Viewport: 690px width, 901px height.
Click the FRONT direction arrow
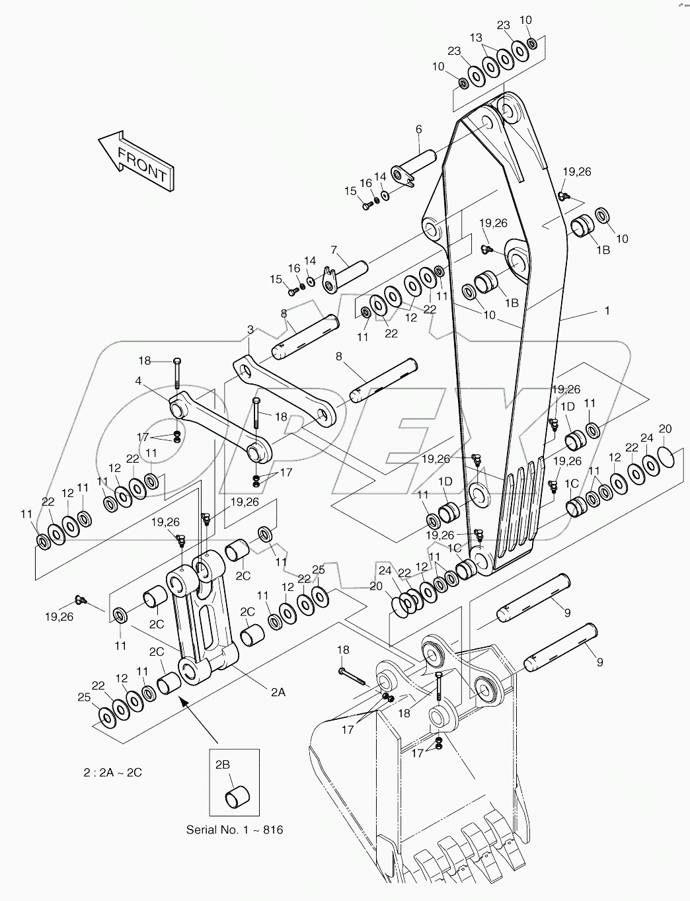135,161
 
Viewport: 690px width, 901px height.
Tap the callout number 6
418,130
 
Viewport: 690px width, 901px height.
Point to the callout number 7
334,250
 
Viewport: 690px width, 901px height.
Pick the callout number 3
250,329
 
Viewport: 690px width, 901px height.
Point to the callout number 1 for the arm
607,309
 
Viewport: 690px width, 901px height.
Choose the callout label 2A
278,692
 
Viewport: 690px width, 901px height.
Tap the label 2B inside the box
222,764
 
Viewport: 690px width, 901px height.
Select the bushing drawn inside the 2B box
236,797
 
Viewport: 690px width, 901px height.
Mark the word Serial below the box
202,830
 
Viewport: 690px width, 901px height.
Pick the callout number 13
477,38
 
